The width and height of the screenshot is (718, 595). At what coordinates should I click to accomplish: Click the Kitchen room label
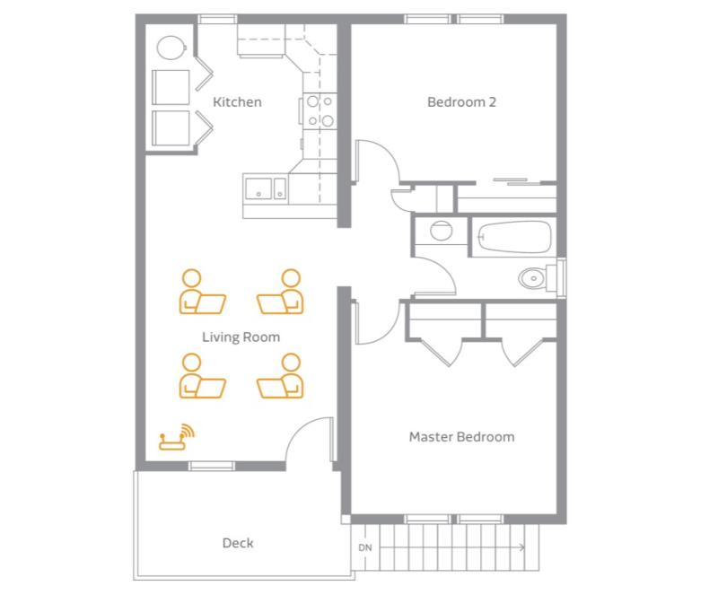tap(237, 101)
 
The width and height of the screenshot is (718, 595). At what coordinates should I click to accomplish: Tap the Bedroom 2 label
tap(461, 101)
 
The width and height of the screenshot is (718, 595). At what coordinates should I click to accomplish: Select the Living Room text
tap(241, 337)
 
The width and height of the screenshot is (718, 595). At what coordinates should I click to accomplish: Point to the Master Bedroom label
tap(461, 436)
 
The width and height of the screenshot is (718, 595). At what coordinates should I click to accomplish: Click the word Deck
tap(238, 543)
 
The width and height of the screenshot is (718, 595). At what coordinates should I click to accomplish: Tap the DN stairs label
tap(365, 547)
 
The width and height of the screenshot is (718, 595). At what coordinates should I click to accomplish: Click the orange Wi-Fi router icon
tap(177, 436)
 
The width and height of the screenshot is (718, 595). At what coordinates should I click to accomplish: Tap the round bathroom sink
tap(442, 231)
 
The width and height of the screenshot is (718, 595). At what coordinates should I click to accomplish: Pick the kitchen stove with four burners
tap(320, 110)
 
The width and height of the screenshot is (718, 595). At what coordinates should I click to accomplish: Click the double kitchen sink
tap(266, 188)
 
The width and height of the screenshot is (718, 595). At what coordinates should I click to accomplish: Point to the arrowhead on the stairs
tap(522, 547)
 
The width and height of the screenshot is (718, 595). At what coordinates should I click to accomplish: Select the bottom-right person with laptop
tap(280, 376)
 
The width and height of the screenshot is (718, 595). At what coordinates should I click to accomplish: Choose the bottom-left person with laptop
tap(202, 376)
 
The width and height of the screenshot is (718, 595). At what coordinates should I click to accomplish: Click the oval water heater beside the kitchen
tap(171, 48)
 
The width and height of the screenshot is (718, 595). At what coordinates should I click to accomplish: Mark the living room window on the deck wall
tap(212, 467)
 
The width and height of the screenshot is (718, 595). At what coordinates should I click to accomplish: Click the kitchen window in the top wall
tap(217, 19)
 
